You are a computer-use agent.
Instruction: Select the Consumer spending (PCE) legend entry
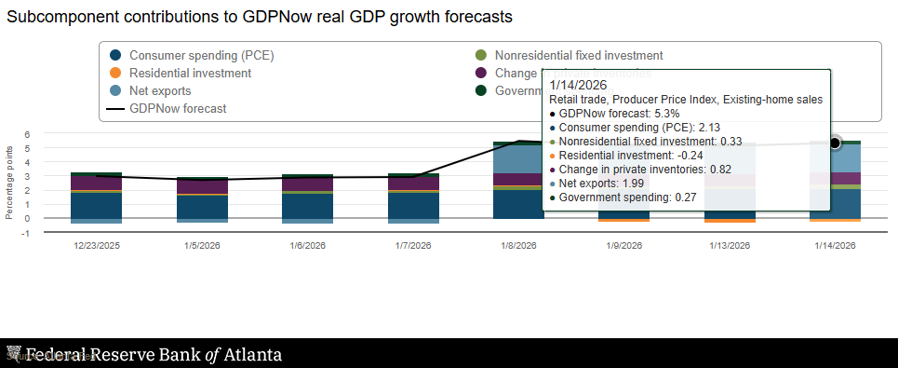click(201, 55)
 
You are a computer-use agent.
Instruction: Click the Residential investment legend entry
click(190, 73)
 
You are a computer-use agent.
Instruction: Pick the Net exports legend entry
click(160, 90)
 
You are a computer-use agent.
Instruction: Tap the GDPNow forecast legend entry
click(178, 108)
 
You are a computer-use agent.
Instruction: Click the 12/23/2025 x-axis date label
click(97, 246)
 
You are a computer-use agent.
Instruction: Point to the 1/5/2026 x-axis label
click(202, 246)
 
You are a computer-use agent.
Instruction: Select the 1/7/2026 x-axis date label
click(413, 246)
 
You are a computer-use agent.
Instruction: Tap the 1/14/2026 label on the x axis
click(835, 246)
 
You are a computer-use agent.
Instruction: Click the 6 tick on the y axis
click(28, 134)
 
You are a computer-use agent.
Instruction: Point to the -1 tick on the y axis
click(27, 233)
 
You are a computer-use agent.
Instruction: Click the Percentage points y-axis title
click(9, 182)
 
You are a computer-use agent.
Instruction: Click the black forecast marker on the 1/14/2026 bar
click(835, 143)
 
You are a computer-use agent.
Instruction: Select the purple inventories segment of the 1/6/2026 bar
click(307, 184)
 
